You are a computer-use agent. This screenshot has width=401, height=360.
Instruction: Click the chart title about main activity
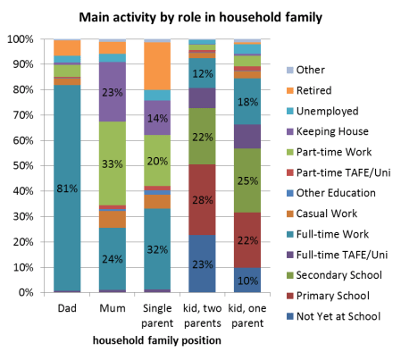(199, 17)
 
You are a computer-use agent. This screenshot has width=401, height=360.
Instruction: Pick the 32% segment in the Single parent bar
(159, 249)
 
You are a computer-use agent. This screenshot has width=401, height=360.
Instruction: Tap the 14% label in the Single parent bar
(159, 118)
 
